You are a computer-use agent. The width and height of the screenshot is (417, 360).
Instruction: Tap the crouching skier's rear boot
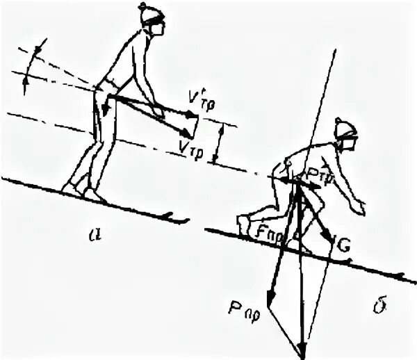tap(243, 225)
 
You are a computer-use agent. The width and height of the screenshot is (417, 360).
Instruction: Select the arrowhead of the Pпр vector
tap(272, 301)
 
